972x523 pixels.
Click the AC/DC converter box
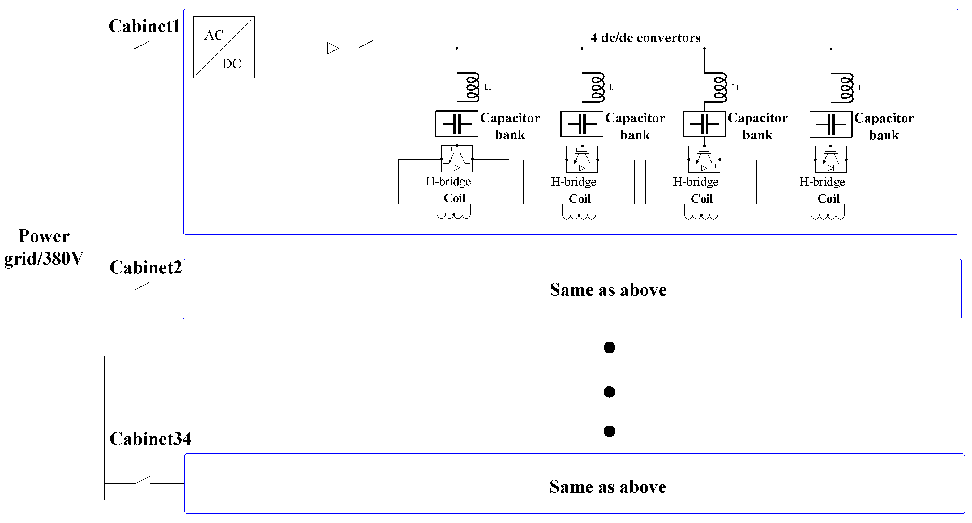coord(224,48)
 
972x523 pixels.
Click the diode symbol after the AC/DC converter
coord(332,48)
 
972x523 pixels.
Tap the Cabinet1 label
coord(144,26)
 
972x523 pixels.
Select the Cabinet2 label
coord(145,268)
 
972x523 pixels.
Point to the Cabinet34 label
coord(150,439)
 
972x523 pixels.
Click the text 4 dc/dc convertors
coord(645,38)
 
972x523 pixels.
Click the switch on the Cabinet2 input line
coord(142,288)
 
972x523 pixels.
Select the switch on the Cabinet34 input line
coord(142,481)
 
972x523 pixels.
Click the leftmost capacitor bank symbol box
coord(457,124)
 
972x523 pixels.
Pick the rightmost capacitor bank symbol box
coord(830,124)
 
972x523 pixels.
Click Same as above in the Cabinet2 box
coord(608,290)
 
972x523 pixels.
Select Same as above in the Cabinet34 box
coord(608,487)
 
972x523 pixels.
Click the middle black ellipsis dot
coord(609,392)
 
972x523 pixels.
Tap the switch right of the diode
coord(365,45)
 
